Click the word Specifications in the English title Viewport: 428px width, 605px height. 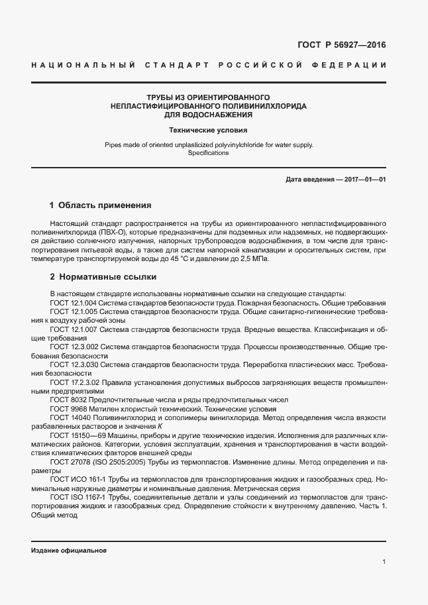click(x=208, y=153)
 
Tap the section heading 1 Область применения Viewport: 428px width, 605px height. click(x=101, y=205)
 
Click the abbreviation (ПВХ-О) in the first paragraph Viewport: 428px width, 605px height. click(x=113, y=233)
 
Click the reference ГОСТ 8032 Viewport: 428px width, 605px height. click(x=67, y=400)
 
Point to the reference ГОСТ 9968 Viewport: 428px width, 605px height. click(x=67, y=409)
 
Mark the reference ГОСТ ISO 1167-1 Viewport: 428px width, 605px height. click(x=78, y=497)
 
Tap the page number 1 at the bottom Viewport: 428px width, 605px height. click(x=384, y=562)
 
